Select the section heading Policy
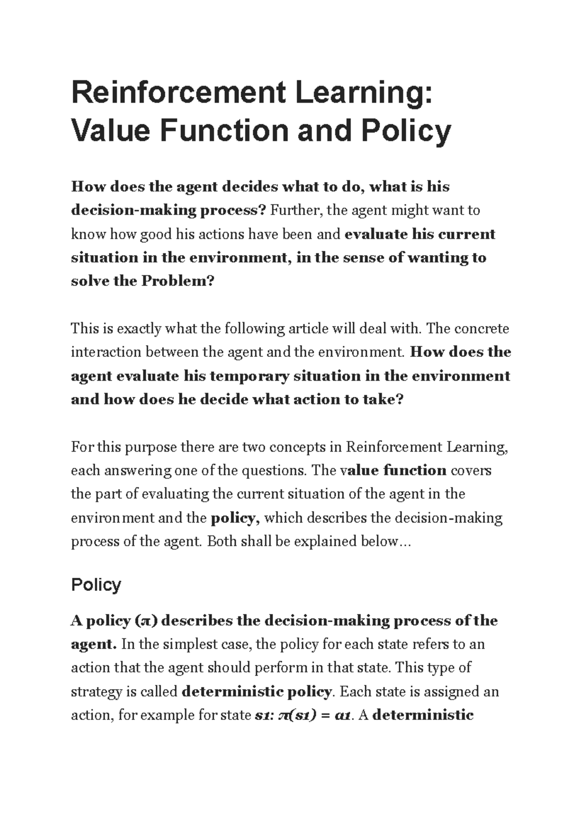(96, 585)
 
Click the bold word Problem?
(178, 282)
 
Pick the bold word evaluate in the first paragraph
(376, 234)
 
